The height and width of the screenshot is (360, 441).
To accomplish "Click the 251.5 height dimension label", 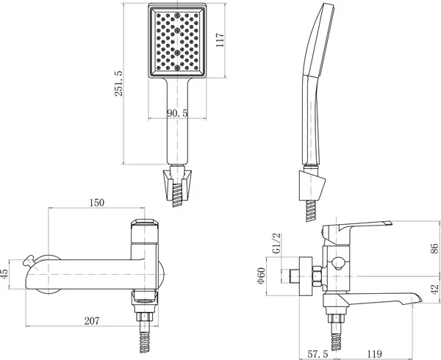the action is pyautogui.click(x=118, y=84).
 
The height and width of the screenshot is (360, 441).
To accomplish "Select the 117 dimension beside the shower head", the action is pyautogui.click(x=220, y=40).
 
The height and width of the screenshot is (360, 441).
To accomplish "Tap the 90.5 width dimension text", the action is pyautogui.click(x=177, y=113).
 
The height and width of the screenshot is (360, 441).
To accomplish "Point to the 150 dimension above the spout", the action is pyautogui.click(x=97, y=203).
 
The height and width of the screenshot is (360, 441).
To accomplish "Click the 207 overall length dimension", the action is pyautogui.click(x=92, y=320).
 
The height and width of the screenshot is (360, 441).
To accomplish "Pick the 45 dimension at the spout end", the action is pyautogui.click(x=4, y=274).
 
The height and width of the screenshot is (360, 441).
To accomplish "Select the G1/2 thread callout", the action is pyautogui.click(x=277, y=243).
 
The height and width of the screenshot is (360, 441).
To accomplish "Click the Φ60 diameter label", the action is pyautogui.click(x=261, y=276).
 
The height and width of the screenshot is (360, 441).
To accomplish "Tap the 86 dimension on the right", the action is pyautogui.click(x=434, y=248).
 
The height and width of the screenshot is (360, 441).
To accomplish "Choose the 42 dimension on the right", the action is pyautogui.click(x=434, y=289).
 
